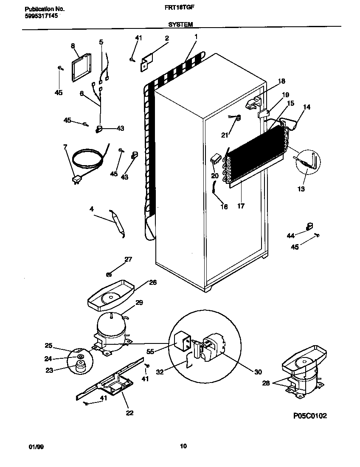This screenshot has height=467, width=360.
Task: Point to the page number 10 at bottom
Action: [183, 446]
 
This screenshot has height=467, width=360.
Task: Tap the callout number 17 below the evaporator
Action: [241, 207]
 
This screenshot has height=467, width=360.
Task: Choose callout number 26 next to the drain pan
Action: [152, 282]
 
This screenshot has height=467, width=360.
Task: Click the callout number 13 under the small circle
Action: [301, 189]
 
